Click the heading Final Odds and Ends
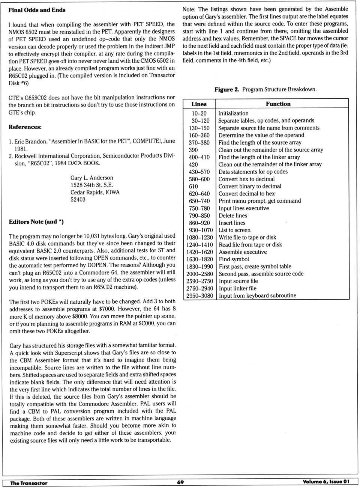click(37, 10)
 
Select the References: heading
click(25, 127)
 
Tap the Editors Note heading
click(36, 222)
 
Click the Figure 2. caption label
click(226, 89)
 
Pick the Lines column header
click(199, 104)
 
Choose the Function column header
click(278, 104)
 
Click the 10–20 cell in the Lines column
click(199, 113)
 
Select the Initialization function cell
click(233, 113)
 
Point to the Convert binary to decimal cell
click(250, 186)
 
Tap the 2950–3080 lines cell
click(199, 296)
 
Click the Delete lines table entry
click(233, 215)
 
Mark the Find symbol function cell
click(234, 259)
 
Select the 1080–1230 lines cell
click(199, 237)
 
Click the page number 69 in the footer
click(180, 482)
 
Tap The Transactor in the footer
click(29, 483)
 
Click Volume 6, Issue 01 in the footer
click(326, 482)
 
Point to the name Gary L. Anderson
click(91, 178)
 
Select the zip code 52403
click(78, 200)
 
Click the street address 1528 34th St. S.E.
click(91, 185)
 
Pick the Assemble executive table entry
click(243, 252)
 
